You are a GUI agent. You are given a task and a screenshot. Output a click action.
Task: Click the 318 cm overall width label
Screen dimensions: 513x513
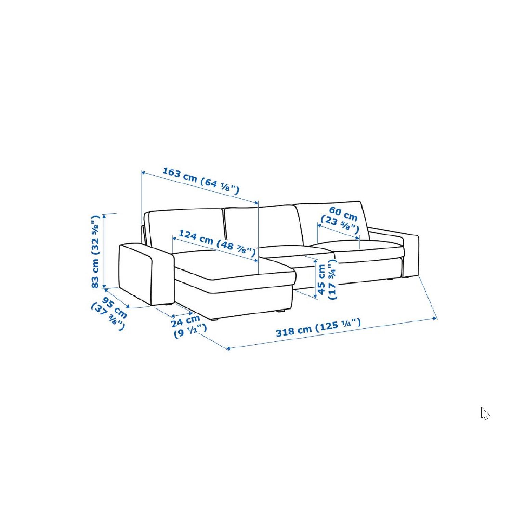[x=318, y=328]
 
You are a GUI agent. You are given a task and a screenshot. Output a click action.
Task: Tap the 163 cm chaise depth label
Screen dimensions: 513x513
[x=200, y=180]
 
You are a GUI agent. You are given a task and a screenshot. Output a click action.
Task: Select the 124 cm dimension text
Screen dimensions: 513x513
[x=217, y=243]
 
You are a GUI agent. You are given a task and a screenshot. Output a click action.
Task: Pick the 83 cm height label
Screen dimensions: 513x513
[x=95, y=251]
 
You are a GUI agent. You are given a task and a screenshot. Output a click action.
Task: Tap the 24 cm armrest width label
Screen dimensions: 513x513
[x=189, y=326]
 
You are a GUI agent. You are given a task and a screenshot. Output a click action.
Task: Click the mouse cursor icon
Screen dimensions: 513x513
[x=485, y=413]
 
